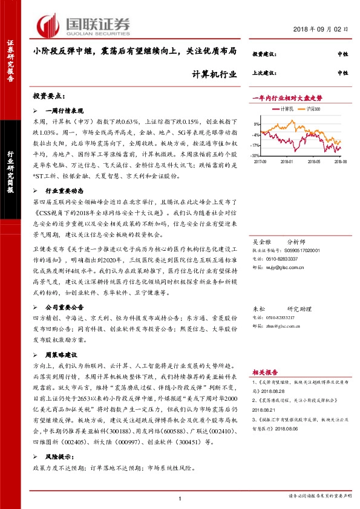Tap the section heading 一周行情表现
[x=67, y=111]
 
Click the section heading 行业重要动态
[x=67, y=190]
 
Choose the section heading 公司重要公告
[x=67, y=307]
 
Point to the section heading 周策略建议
[x=65, y=354]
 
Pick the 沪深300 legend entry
[x=313, y=109]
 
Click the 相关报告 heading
[x=264, y=373]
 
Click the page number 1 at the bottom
[x=180, y=498]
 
